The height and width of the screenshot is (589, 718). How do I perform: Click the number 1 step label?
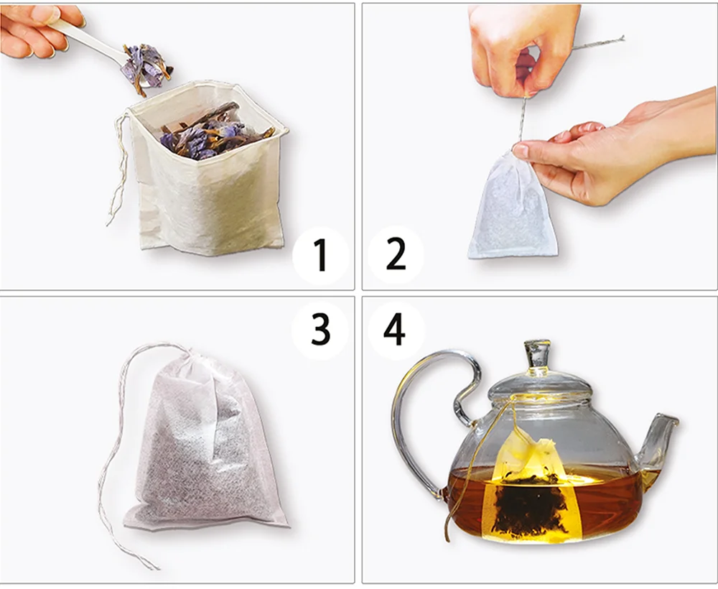click(321, 256)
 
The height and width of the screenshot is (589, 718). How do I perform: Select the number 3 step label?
click(320, 329)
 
